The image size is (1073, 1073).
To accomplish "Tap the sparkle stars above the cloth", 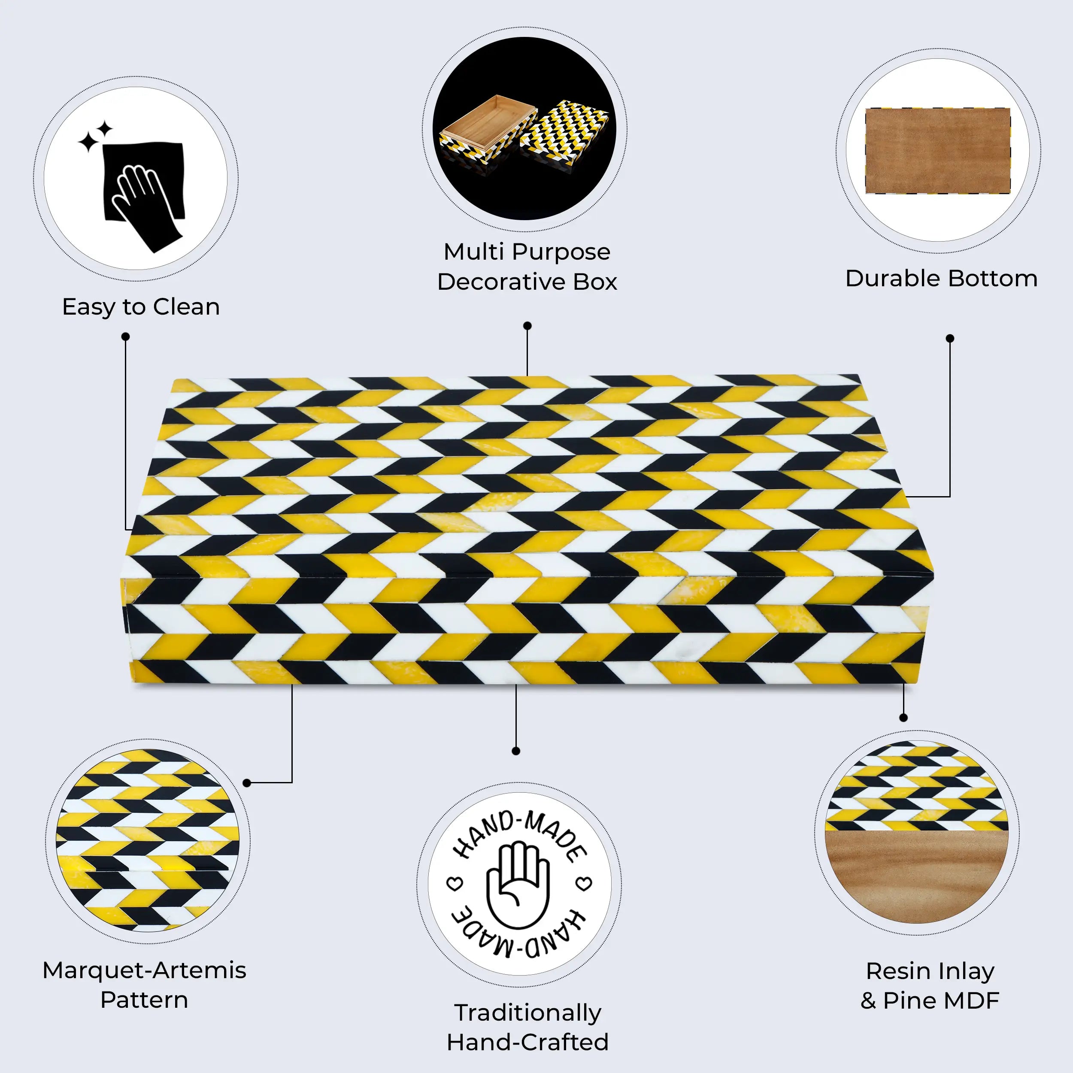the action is point(96,136).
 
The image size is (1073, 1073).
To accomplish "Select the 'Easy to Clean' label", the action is point(141,307).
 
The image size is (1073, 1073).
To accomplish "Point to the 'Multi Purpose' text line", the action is point(527,252).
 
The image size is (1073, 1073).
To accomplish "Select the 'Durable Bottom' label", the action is point(941,278).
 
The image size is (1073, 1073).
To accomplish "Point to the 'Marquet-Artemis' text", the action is point(144,970).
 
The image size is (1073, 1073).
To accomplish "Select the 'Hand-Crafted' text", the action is point(527,1042).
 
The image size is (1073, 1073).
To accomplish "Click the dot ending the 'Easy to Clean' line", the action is point(125,336).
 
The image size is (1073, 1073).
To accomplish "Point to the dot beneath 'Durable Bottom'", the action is point(950,338).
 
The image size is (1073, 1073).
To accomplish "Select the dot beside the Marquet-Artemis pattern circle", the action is point(247,783).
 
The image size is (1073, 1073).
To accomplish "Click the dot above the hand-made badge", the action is point(516,751).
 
